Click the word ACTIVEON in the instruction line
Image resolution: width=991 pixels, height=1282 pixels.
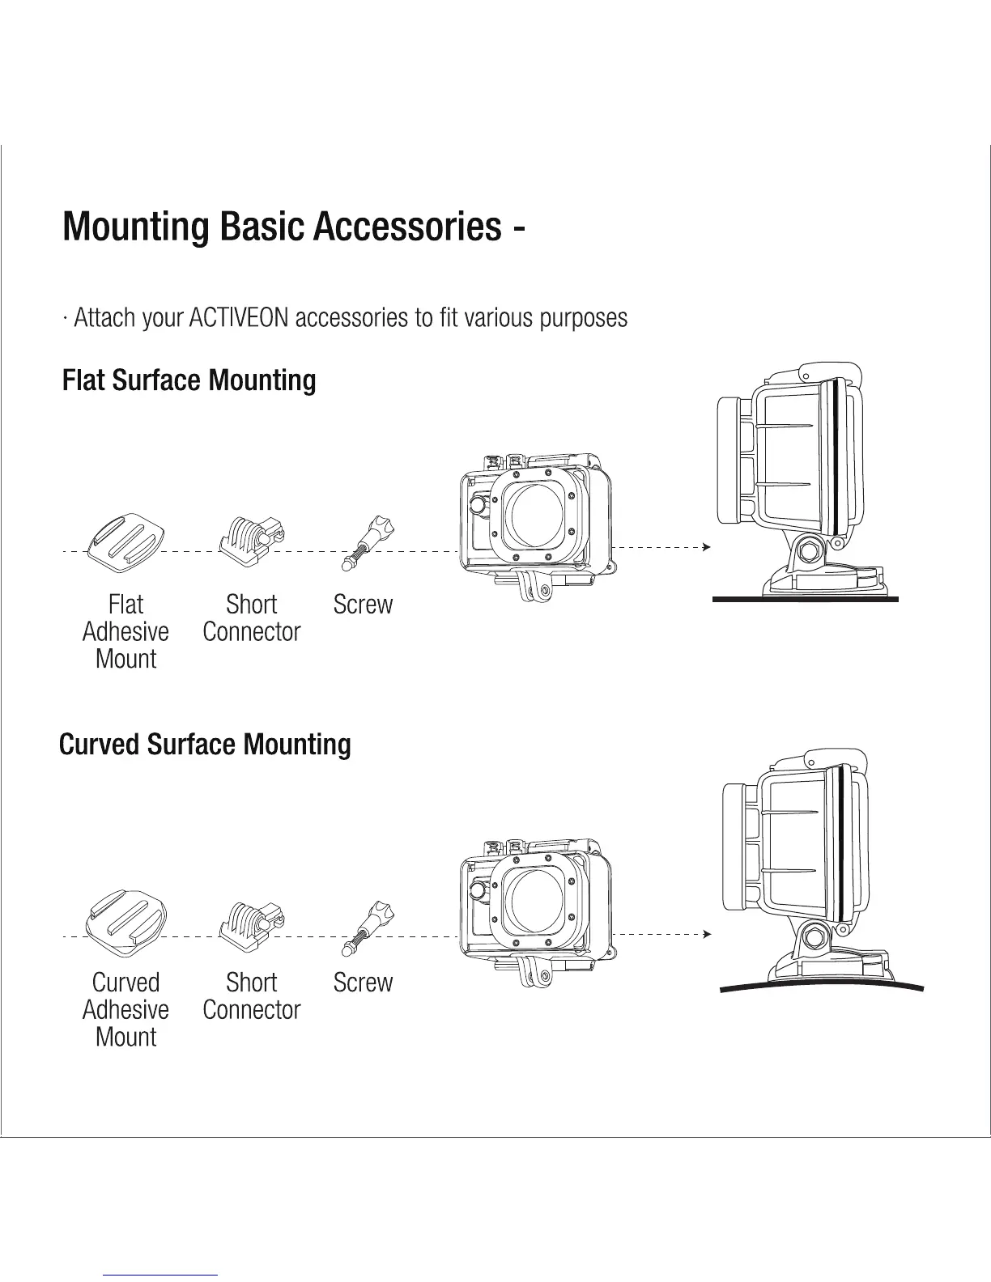tap(238, 316)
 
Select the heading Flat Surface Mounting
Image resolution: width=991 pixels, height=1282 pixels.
tap(189, 380)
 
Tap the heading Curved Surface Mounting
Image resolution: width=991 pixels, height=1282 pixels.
tap(205, 744)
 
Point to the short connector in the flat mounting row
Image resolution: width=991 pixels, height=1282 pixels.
tap(253, 539)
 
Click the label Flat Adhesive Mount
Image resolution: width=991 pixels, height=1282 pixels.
tap(125, 631)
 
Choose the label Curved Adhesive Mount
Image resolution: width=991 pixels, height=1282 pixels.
tap(125, 1009)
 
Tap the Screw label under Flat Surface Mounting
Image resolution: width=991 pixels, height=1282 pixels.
tap(363, 605)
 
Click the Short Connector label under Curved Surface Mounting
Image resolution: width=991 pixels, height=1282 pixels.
tap(251, 996)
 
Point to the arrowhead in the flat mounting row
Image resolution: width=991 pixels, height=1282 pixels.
tap(707, 548)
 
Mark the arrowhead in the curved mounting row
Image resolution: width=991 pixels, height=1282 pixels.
tap(707, 935)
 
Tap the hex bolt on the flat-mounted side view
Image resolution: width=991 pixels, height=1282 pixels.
tap(809, 551)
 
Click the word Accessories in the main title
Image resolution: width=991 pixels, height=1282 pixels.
tap(407, 226)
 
